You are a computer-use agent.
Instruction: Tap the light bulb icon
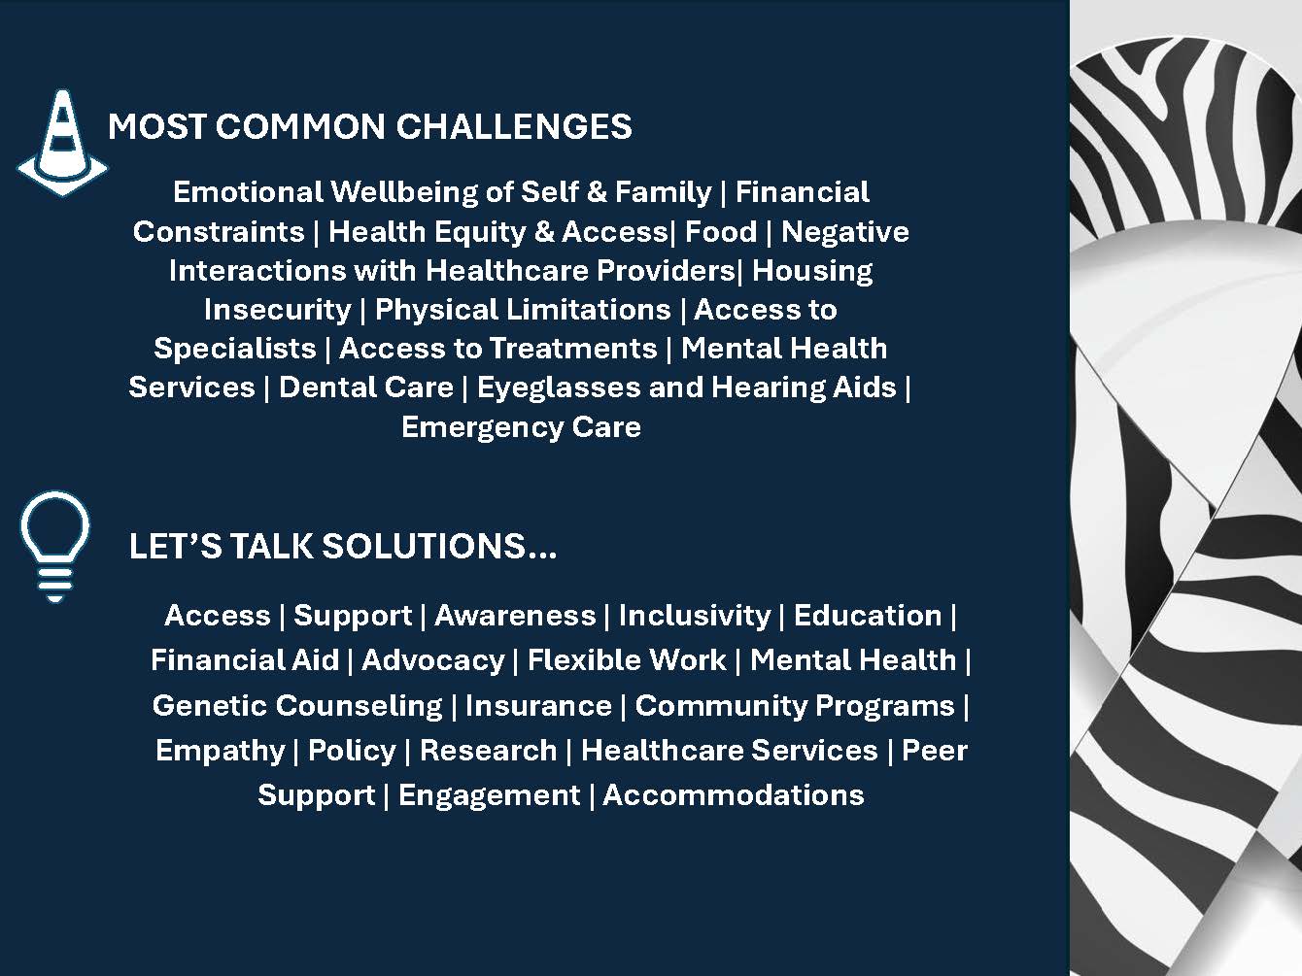tap(54, 546)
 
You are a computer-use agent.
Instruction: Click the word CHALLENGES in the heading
tap(514, 127)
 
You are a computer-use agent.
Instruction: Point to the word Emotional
tap(248, 192)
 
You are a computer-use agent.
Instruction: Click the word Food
tap(721, 232)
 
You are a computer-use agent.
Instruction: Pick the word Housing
tap(812, 271)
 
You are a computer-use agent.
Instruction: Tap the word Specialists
tap(235, 349)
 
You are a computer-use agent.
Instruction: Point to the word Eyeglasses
tap(559, 388)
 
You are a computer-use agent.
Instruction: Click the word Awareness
tap(515, 615)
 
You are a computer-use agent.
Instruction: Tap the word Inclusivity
tap(695, 615)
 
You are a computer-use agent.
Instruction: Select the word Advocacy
tap(433, 660)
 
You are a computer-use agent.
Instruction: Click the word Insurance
tap(538, 705)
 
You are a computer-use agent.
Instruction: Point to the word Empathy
tap(220, 751)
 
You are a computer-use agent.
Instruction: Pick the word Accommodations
tap(734, 795)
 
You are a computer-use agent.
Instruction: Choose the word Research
tap(488, 751)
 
